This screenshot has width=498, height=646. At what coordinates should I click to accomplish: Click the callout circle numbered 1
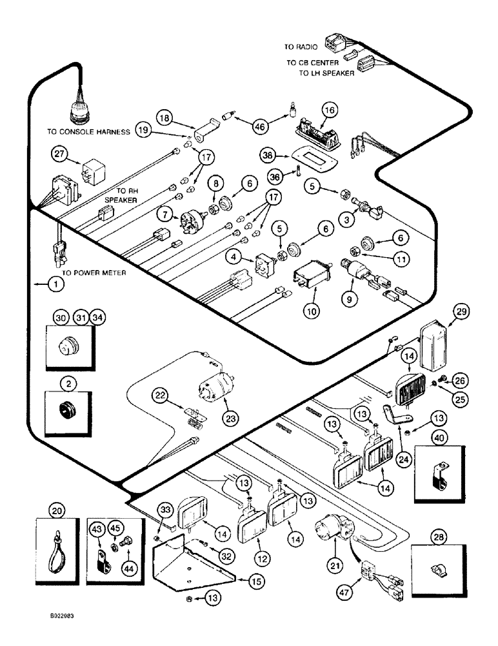(56, 282)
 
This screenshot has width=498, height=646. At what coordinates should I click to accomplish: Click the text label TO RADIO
(300, 47)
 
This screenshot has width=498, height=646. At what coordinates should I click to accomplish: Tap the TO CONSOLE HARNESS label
(88, 131)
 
